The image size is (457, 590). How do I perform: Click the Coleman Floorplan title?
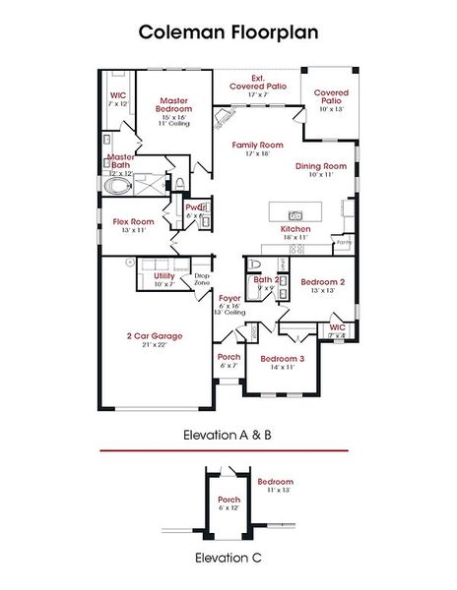coord(228,32)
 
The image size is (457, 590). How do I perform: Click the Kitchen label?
coord(295,228)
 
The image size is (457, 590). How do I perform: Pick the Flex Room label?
coord(134,222)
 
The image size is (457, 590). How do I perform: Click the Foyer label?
coord(229,297)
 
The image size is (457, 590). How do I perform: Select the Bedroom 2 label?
coord(322,281)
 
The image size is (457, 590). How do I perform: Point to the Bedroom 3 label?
coord(283,359)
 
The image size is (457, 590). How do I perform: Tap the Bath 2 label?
coord(265,279)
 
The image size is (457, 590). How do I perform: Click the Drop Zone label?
coord(202,279)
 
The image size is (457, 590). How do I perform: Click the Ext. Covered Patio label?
coord(258,83)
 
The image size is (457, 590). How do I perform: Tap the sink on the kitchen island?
coord(294,214)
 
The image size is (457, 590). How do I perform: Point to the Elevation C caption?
coord(228,558)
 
